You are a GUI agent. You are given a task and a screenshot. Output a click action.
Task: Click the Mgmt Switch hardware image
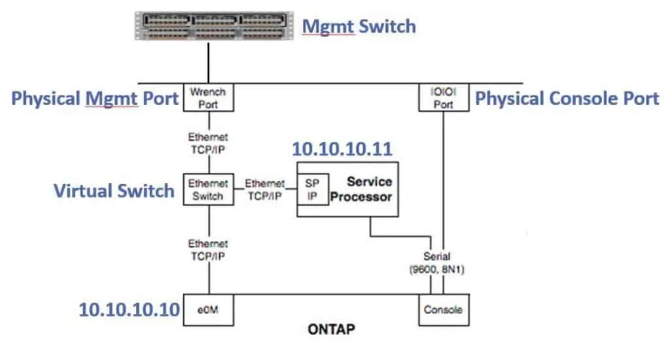pos(209,26)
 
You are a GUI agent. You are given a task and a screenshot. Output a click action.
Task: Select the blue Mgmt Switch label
pos(358,26)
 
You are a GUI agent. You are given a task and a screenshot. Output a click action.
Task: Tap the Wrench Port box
pos(209,98)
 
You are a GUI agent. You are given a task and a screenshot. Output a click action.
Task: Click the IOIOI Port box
pos(443,98)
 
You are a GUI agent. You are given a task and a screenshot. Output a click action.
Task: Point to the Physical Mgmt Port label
pos(96,99)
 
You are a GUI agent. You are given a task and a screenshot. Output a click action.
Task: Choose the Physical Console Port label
pos(567,99)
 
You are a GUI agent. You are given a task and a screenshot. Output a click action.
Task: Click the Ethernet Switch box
pos(209,190)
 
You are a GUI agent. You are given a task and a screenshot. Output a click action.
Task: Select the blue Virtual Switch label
pos(114,190)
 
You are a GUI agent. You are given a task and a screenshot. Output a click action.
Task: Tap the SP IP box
pos(312,190)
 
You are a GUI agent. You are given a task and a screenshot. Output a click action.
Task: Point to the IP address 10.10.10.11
pos(342,149)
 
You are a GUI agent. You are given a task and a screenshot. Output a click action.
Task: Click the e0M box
pos(209,310)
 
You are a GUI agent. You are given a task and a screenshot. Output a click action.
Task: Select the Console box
pos(443,310)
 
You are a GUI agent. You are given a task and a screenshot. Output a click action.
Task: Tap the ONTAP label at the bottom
pos(331,329)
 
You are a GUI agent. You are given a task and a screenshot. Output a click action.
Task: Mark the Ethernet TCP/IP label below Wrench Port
pos(209,143)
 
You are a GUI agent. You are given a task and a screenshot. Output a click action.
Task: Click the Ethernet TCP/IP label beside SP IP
pos(265,190)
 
